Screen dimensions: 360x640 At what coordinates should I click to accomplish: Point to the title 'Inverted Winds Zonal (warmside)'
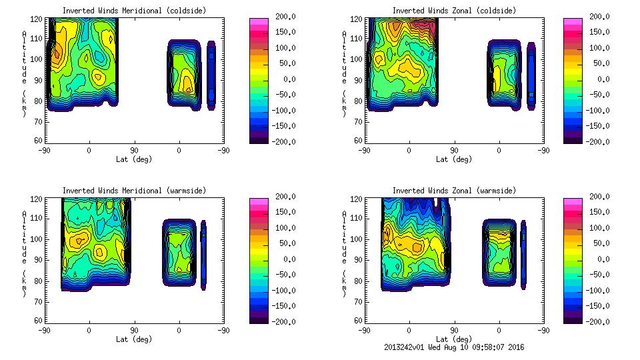[x=454, y=191]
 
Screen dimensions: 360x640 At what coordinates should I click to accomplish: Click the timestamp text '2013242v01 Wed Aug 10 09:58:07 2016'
[x=453, y=347]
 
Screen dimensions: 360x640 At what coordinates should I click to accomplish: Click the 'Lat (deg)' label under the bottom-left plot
[x=134, y=339]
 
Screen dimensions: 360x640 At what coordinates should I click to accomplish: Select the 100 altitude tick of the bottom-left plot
[x=37, y=238]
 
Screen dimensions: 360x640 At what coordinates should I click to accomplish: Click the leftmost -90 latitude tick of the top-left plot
[x=45, y=150]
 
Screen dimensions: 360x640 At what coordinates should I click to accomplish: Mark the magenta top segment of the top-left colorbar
[x=258, y=23]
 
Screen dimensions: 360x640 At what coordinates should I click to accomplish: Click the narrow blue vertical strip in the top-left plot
[x=211, y=75]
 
